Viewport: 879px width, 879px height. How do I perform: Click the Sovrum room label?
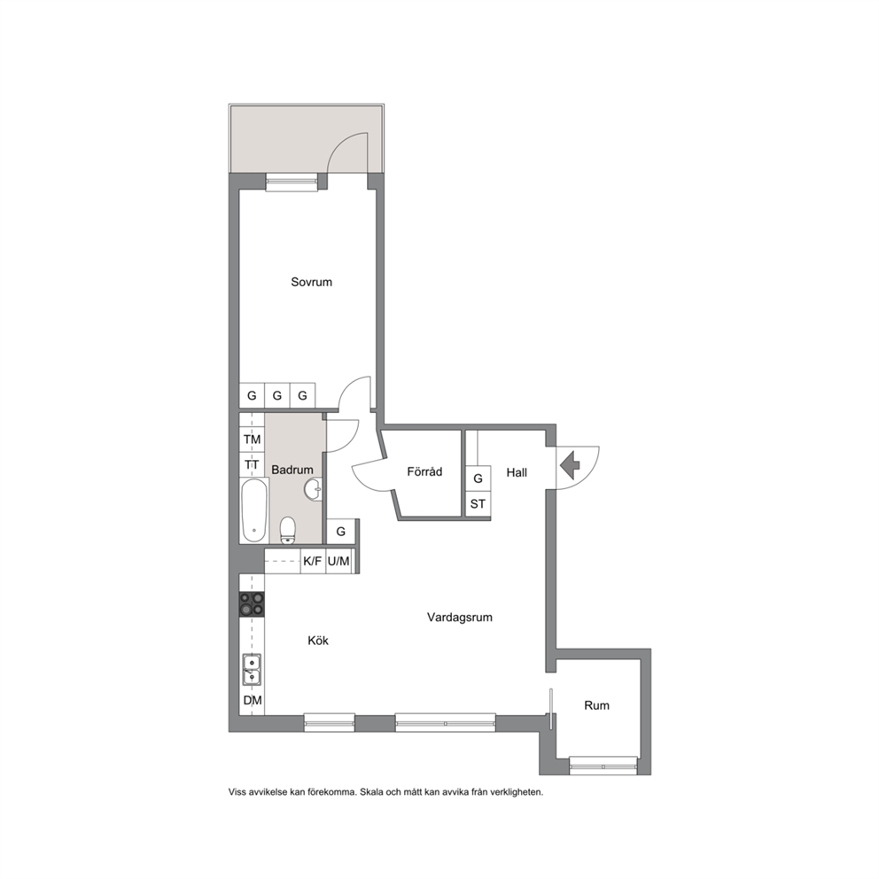pyautogui.click(x=311, y=282)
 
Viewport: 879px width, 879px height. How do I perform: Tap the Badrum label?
pyautogui.click(x=292, y=470)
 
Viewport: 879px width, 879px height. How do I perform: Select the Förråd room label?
pyautogui.click(x=424, y=471)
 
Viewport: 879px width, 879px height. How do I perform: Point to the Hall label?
pyautogui.click(x=517, y=472)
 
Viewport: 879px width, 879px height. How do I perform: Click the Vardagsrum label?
pyautogui.click(x=460, y=618)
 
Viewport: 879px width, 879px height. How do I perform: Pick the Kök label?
pyautogui.click(x=318, y=641)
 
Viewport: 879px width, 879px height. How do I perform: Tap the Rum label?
pyautogui.click(x=596, y=705)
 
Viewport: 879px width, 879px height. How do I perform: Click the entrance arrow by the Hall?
pyautogui.click(x=570, y=464)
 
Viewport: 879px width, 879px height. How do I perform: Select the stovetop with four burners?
pyautogui.click(x=252, y=604)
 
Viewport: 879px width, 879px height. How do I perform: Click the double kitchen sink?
pyautogui.click(x=252, y=669)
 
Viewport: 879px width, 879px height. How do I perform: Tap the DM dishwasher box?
pyautogui.click(x=253, y=701)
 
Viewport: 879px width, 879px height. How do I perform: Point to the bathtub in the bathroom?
pyautogui.click(x=254, y=510)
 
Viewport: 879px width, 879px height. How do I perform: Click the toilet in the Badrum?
pyautogui.click(x=288, y=530)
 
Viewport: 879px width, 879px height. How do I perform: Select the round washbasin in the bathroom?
pyautogui.click(x=314, y=489)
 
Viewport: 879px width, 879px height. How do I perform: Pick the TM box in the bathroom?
pyautogui.click(x=253, y=439)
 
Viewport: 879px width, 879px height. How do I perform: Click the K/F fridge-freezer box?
pyautogui.click(x=312, y=561)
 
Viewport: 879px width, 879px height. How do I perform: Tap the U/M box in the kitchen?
pyautogui.click(x=338, y=561)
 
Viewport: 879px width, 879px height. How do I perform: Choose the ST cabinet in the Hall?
pyautogui.click(x=478, y=504)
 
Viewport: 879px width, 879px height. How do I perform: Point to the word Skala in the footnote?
pyautogui.click(x=371, y=792)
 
